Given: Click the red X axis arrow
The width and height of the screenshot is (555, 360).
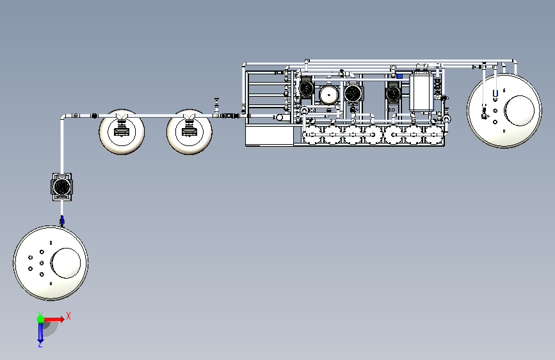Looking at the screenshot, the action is click(x=54, y=319).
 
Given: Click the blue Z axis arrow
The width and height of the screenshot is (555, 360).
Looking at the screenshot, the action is click(x=40, y=332).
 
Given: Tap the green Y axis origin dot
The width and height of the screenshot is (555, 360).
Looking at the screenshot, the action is click(x=40, y=319).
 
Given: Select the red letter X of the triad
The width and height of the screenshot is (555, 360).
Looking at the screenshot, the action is click(x=68, y=316).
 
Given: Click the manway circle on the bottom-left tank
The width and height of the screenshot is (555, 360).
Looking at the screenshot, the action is click(x=66, y=263).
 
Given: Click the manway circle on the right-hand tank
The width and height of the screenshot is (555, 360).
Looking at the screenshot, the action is click(x=519, y=111).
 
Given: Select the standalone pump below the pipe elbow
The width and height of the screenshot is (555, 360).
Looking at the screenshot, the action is click(x=62, y=187).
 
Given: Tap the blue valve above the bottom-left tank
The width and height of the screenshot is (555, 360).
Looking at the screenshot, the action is click(x=62, y=220).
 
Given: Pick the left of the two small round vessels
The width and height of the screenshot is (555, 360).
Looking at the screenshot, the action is click(x=122, y=131).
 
